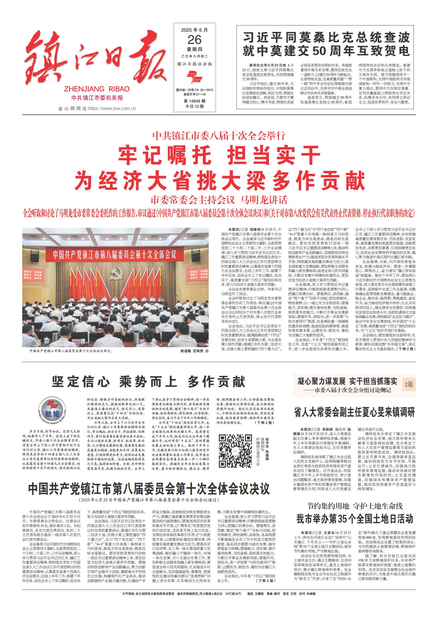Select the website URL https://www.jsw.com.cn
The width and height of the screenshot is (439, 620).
[112, 109]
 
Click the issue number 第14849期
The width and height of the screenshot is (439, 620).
[194, 101]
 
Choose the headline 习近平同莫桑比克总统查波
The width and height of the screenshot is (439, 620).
[326, 38]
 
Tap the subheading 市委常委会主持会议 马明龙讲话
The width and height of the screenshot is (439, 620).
[219, 200]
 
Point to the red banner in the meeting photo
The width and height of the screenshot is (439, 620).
[114, 254]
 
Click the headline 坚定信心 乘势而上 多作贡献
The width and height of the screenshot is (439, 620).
[149, 382]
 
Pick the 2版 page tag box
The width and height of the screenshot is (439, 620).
[409, 385]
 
